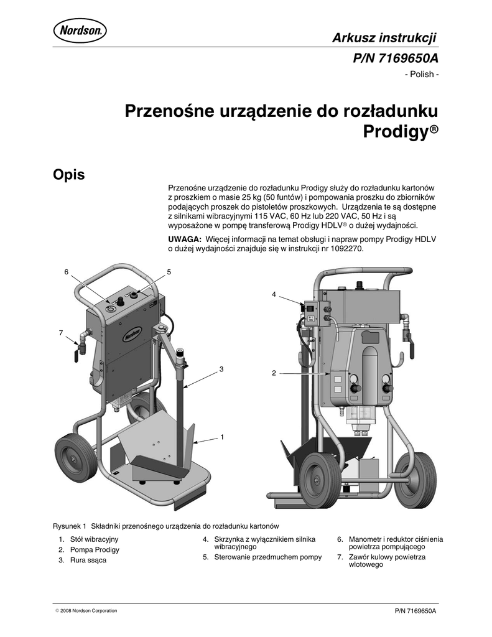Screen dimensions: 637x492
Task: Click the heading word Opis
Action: (68, 175)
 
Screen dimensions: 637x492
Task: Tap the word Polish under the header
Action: (424, 75)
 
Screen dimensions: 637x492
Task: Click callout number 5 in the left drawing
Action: (169, 272)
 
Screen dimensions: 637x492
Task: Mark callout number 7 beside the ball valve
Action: (61, 333)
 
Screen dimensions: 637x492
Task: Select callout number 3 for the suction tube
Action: (220, 370)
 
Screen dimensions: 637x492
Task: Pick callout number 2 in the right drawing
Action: (273, 373)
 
